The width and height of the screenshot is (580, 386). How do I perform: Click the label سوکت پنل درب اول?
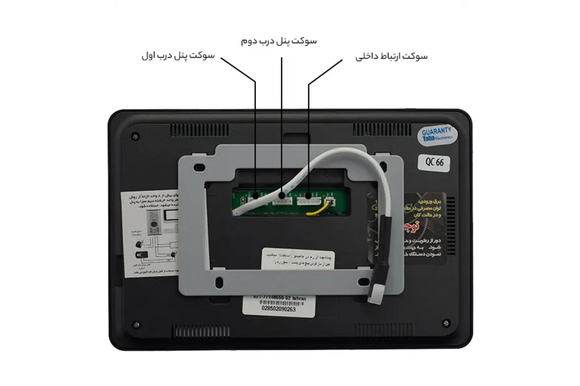[x=178, y=56]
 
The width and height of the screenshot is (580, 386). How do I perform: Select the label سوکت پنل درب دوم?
[x=279, y=41]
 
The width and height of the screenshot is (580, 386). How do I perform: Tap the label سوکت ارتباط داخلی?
[x=391, y=56]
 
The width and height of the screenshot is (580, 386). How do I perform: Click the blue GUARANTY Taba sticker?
[x=437, y=135]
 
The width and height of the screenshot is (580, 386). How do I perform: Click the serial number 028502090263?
[x=278, y=309]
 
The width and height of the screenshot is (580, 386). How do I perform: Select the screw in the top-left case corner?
[x=135, y=136]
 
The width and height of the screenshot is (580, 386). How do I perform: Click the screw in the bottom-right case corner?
[x=446, y=323]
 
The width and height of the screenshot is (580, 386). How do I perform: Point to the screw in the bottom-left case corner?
[x=136, y=325]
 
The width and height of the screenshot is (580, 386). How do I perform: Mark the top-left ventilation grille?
[x=199, y=130]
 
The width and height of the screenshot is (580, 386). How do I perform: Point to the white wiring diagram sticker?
[x=150, y=234]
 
